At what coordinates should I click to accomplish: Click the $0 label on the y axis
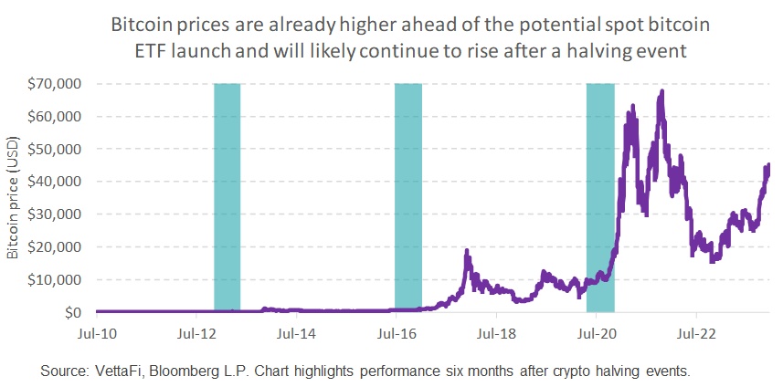[x=72, y=313]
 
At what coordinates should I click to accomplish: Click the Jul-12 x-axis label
[x=196, y=335]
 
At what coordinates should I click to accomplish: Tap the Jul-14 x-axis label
[x=296, y=335]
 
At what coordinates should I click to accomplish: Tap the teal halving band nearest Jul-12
[x=227, y=196]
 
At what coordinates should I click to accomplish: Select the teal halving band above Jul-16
[x=407, y=196]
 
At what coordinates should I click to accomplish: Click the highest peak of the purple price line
[x=661, y=91]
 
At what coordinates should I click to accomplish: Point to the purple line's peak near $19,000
[x=467, y=250]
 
